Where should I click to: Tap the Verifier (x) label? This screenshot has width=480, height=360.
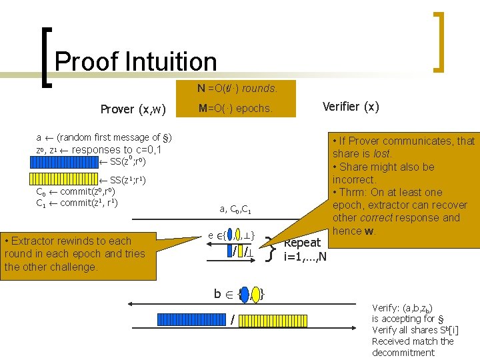tap(351, 107)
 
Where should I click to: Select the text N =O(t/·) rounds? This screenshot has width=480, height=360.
tap(237, 88)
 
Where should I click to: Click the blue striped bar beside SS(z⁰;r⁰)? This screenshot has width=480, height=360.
tap(64, 161)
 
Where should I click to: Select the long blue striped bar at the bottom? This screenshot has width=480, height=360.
tap(194, 319)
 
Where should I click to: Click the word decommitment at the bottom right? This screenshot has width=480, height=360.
tap(403, 353)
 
